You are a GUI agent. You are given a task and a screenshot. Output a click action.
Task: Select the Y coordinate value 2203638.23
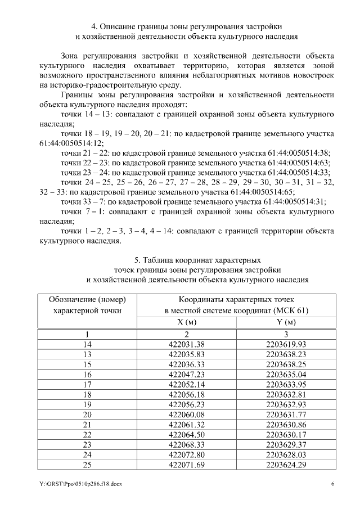287,354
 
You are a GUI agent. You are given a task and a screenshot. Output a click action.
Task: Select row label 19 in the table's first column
87,404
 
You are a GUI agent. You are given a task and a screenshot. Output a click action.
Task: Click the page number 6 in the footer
332,484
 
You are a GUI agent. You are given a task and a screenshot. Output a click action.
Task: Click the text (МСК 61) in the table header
288,310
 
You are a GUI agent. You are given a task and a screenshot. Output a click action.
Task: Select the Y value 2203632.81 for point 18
287,394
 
